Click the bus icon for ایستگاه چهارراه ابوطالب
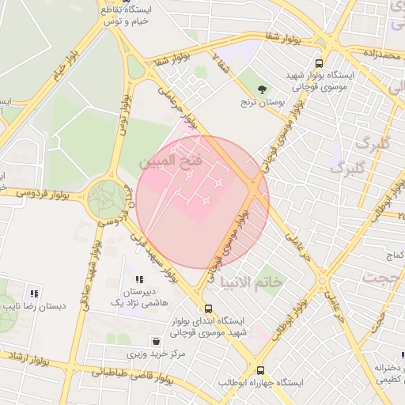[260, 369]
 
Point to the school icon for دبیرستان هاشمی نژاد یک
[139, 279]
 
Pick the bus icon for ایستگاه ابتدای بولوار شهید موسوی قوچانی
[208, 308]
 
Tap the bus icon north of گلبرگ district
[319, 63]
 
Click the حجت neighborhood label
[380, 277]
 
